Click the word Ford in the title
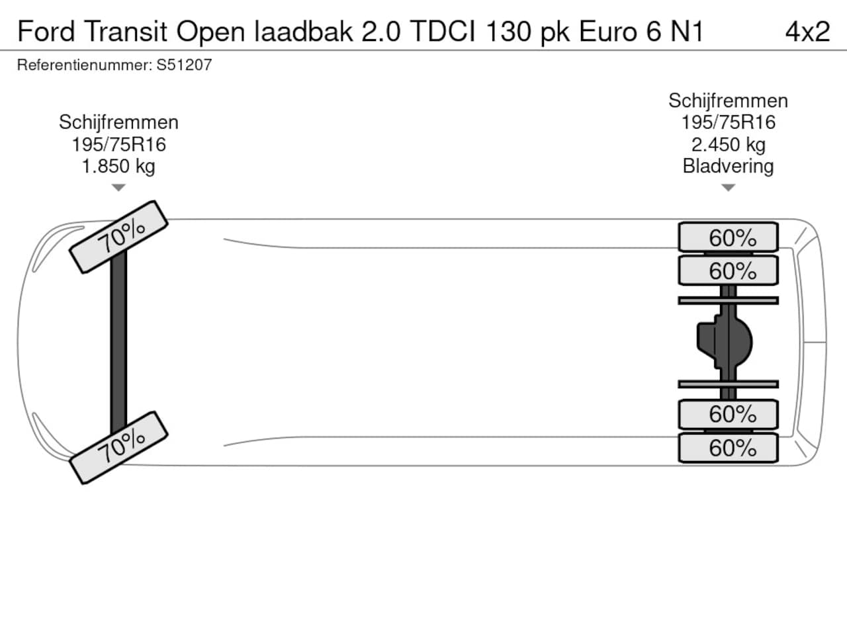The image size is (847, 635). (x=46, y=31)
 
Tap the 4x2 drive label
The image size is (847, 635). (x=808, y=31)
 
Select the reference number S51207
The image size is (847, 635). (x=184, y=65)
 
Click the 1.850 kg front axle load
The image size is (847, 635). (x=118, y=167)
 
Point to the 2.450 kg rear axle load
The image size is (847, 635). (x=728, y=145)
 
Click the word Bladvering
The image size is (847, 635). (x=728, y=167)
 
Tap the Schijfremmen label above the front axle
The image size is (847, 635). (x=118, y=122)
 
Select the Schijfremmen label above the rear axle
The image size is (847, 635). (x=728, y=101)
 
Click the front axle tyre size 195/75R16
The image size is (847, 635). (x=118, y=145)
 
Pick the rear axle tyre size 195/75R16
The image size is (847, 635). (x=728, y=122)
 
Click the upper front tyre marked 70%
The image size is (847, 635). (x=118, y=237)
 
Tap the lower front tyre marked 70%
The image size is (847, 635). (x=118, y=448)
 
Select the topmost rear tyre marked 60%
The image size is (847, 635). (x=728, y=237)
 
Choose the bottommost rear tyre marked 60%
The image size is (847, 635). (x=728, y=448)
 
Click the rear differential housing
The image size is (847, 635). (x=725, y=342)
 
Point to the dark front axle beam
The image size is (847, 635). (x=118, y=343)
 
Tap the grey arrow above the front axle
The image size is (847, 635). (x=118, y=188)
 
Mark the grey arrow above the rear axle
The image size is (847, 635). (x=728, y=188)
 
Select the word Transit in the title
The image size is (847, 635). (x=126, y=31)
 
